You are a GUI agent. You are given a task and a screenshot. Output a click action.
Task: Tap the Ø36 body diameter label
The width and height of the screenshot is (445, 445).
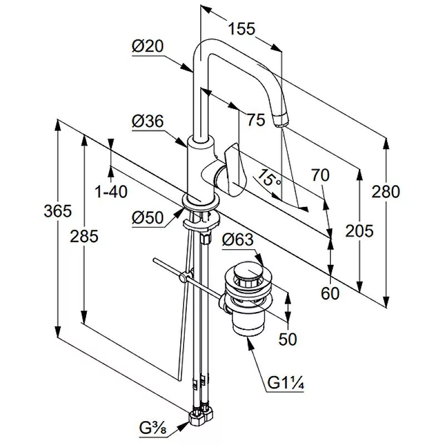147,121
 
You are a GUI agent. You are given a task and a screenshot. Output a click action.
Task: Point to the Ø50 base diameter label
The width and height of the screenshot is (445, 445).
148,219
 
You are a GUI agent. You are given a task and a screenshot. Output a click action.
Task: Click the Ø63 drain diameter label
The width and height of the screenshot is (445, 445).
238,240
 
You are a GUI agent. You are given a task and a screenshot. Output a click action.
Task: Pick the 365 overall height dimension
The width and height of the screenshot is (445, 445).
58,211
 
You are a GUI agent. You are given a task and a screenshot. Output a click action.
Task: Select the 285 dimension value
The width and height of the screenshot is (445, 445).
85,236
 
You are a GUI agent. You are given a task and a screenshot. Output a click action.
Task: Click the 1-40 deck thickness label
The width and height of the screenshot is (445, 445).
111,192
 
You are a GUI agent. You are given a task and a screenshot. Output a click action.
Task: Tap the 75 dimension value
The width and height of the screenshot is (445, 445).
256,120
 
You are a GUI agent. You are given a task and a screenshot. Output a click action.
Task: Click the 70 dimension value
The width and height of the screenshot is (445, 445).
320,175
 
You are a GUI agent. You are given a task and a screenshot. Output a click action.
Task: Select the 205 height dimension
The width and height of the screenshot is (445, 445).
359,230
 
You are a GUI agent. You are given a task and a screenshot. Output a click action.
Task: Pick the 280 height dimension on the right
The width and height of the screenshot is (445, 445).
387,192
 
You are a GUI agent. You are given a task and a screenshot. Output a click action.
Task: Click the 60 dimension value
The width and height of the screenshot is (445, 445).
330,293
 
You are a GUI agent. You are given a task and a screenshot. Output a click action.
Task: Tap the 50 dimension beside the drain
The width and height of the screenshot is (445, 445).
288,338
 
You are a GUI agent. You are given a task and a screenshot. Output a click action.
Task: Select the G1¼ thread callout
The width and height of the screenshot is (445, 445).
283,384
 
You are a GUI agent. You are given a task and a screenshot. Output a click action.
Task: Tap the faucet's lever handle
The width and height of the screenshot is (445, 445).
234,170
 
